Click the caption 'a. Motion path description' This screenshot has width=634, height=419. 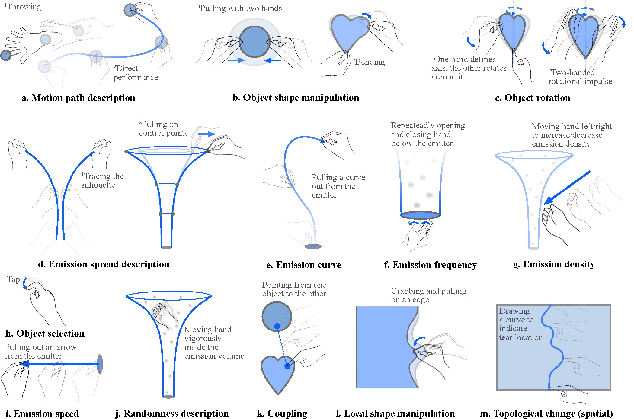click(x=78, y=98)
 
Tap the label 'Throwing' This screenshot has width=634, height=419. click(x=24, y=7)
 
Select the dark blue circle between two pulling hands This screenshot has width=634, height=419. click(x=255, y=42)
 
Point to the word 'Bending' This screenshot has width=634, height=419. click(x=370, y=62)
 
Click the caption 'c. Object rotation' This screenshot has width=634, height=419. click(x=533, y=98)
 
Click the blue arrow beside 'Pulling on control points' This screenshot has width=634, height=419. click(x=207, y=134)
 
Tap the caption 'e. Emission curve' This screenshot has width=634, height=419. click(x=304, y=265)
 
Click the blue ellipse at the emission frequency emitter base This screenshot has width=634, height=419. click(x=420, y=215)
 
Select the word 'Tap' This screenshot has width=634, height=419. click(x=14, y=279)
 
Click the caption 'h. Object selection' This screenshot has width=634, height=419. click(x=45, y=333)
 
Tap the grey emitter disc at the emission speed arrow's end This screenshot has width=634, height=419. click(x=100, y=364)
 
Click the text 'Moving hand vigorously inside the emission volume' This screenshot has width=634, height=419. click(x=214, y=343)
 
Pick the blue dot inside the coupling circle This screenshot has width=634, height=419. click(x=277, y=326)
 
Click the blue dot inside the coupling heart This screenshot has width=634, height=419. click(x=287, y=366)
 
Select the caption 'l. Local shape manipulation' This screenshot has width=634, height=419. click(x=395, y=413)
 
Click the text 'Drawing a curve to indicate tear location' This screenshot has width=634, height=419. click(x=520, y=324)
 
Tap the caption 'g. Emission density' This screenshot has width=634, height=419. click(x=554, y=264)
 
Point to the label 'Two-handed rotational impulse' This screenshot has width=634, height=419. click(x=580, y=77)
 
